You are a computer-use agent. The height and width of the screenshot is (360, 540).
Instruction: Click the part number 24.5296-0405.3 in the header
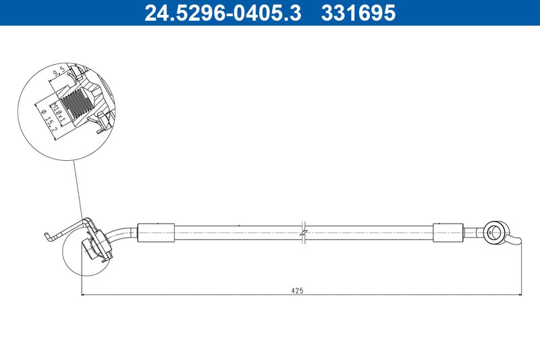[x=223, y=13]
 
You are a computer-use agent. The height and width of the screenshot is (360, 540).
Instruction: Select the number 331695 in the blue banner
[x=358, y=13]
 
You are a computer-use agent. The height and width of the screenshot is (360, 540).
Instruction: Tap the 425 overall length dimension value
[x=297, y=290]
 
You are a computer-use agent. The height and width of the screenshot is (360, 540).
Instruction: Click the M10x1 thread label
[x=57, y=113]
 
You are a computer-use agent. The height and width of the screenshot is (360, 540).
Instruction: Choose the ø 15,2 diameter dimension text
[x=47, y=122]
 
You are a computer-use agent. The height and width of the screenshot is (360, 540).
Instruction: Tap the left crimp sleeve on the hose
[x=156, y=233]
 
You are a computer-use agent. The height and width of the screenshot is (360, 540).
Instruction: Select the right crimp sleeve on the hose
[x=448, y=232]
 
